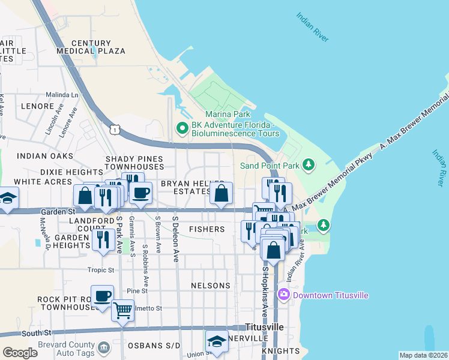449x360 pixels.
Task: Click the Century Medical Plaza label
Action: (91, 47)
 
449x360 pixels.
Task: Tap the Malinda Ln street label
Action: (62, 95)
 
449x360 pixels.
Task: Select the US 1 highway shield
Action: (113, 130)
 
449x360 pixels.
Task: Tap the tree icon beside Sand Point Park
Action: (309, 164)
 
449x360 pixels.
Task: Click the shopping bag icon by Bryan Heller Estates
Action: (221, 193)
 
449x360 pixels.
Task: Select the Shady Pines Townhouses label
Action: (134, 163)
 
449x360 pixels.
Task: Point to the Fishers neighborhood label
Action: (206, 229)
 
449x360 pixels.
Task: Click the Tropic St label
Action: (100, 270)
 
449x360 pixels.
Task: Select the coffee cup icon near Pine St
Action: (102, 296)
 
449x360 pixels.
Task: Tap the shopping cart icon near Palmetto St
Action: (122, 311)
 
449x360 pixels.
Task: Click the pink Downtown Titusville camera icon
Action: (284, 295)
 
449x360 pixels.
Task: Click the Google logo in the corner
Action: (20, 352)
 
